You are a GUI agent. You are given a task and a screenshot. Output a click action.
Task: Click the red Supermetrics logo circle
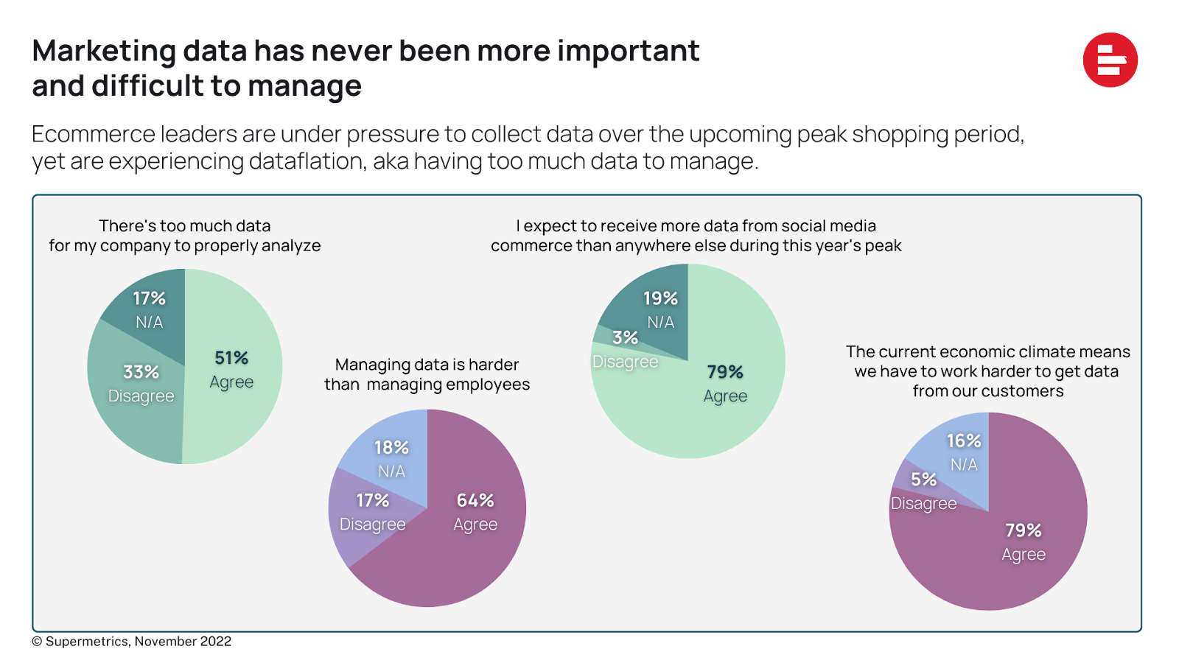pos(1110,60)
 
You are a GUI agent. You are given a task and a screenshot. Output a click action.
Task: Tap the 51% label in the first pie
pos(231,358)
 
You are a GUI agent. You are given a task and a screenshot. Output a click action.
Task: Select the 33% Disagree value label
pos(141,372)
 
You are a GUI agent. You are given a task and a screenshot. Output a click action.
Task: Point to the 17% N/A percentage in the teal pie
pos(149,298)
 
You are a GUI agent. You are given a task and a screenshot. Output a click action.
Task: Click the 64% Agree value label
pos(475,500)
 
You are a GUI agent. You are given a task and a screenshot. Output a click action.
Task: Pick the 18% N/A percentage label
pos(391,447)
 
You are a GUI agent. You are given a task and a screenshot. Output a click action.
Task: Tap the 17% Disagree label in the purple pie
pos(372,500)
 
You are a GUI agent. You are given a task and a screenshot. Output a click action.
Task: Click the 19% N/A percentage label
pos(660,298)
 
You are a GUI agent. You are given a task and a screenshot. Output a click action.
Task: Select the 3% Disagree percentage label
pos(625,337)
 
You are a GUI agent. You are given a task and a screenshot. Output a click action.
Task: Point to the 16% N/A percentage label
pos(964,441)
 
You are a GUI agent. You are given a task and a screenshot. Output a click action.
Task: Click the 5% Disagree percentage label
pos(923,480)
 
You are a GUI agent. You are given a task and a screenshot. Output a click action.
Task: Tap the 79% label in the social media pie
pos(725,372)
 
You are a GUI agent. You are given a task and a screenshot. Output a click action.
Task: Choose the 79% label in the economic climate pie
pos(1024,530)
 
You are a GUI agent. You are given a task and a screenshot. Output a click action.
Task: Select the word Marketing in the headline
pos(104,52)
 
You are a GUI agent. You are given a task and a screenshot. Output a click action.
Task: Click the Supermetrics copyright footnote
pos(133,642)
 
